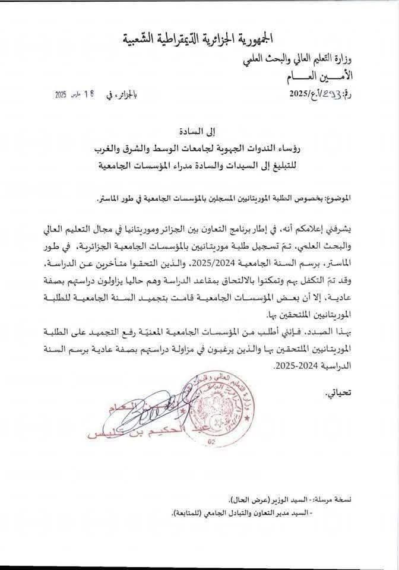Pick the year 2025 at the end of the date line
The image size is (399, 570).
coord(61,95)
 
